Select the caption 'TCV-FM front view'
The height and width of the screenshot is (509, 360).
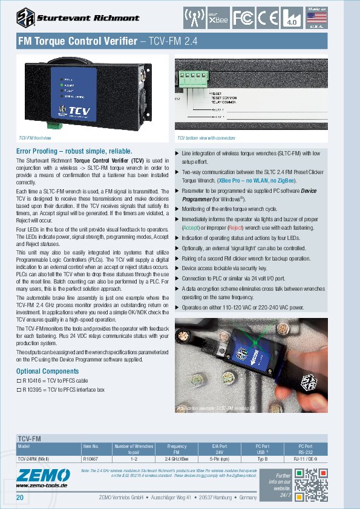35,138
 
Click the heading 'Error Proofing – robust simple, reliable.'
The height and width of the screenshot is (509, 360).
74,151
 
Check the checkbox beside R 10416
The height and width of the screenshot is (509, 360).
18,381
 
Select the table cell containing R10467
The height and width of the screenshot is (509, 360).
90,459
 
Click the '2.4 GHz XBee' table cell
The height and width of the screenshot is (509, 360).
177,459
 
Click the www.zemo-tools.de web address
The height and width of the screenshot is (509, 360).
42,485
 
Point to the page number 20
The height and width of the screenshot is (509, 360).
20,498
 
